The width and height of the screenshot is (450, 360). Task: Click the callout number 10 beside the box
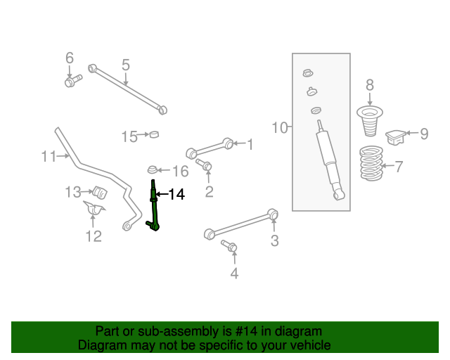(280, 127)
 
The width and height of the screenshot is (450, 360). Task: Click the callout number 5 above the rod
(125, 65)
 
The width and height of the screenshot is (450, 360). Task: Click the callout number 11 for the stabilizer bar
(48, 156)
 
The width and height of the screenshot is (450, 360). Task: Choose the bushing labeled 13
(98, 191)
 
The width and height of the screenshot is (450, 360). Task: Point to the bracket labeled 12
(93, 210)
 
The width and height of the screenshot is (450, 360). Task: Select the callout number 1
(249, 144)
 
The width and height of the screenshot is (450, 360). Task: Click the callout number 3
(274, 241)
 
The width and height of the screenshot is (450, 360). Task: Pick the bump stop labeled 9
(397, 135)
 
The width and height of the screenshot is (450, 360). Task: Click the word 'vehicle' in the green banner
(307, 345)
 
